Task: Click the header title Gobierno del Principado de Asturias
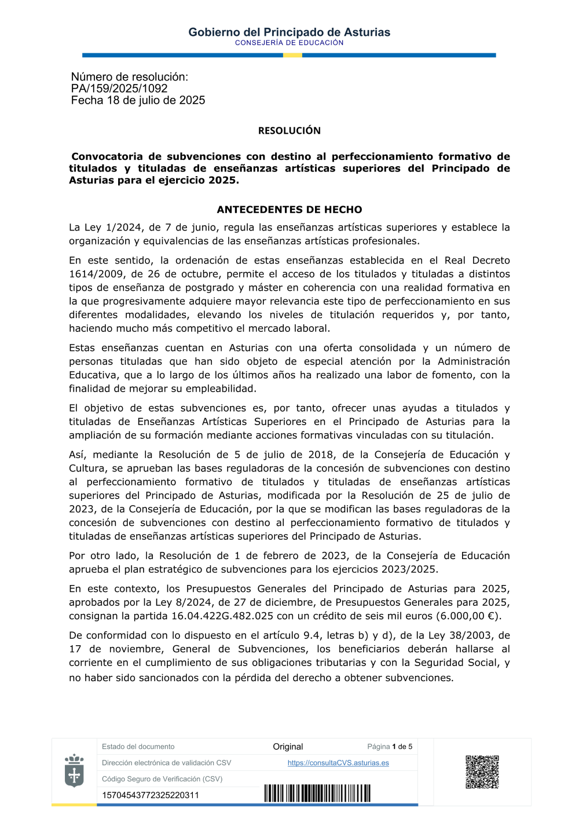(x=289, y=32)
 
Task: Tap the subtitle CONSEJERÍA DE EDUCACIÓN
(x=289, y=43)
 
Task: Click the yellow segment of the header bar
(x=292, y=55)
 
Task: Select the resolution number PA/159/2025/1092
(x=119, y=89)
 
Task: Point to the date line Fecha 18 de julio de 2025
(x=138, y=100)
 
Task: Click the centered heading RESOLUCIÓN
(x=289, y=131)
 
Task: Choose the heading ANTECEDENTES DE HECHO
(x=289, y=210)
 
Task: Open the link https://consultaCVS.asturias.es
(x=338, y=763)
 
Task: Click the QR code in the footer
(x=482, y=772)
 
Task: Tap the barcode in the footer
(x=317, y=794)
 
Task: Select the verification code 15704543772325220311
(x=151, y=795)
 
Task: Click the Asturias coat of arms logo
(x=74, y=770)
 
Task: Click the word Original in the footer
(x=288, y=747)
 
